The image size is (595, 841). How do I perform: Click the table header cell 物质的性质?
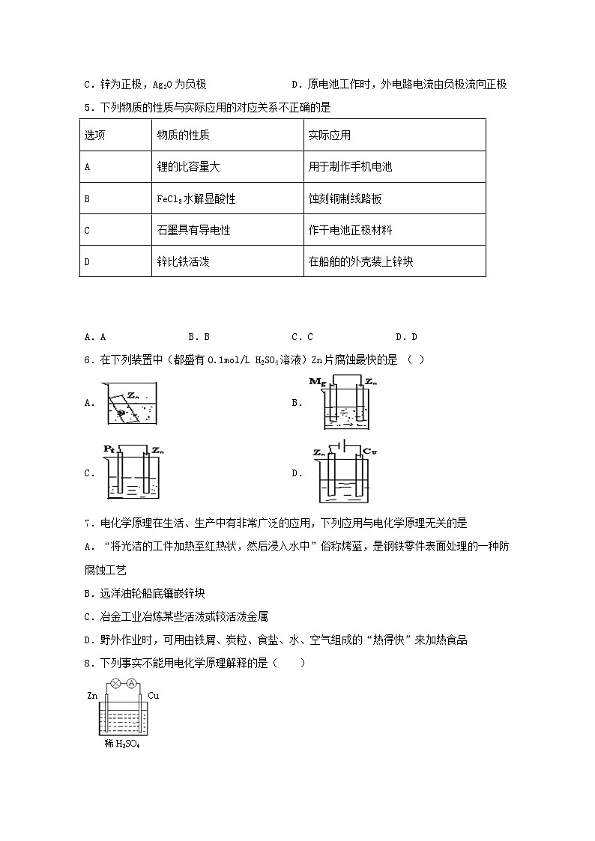pos(183,136)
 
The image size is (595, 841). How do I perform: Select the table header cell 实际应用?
pos(329,136)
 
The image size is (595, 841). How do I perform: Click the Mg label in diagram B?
pos(317,382)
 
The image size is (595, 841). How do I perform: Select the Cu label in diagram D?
pos(369,451)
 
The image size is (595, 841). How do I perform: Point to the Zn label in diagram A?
pos(133,392)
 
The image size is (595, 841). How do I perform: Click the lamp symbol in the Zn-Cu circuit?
pos(116,683)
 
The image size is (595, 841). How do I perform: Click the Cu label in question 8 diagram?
pos(153,696)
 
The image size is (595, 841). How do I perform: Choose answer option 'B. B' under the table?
pos(199,337)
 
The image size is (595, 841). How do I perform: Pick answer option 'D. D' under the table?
pos(406,337)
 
